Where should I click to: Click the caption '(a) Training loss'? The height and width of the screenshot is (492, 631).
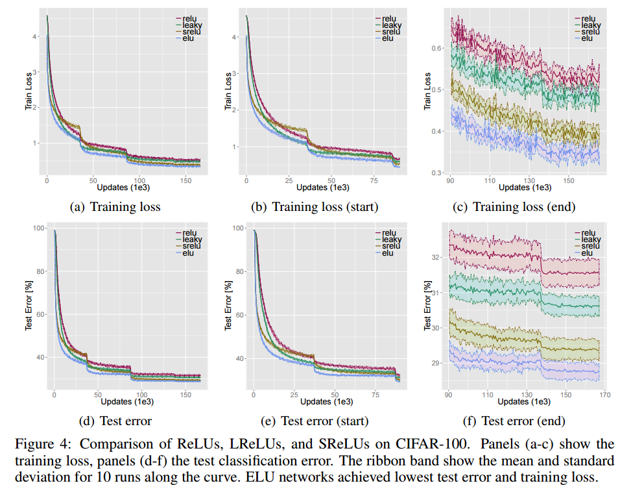[115, 207]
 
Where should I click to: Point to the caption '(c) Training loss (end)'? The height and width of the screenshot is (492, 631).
[514, 207]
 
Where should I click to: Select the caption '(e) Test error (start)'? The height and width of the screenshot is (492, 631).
[315, 421]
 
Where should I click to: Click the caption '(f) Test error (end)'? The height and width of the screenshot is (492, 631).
[514, 421]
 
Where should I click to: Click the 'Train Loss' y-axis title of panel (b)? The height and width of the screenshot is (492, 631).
[228, 92]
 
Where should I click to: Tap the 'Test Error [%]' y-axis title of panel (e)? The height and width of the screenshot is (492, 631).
[228, 306]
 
